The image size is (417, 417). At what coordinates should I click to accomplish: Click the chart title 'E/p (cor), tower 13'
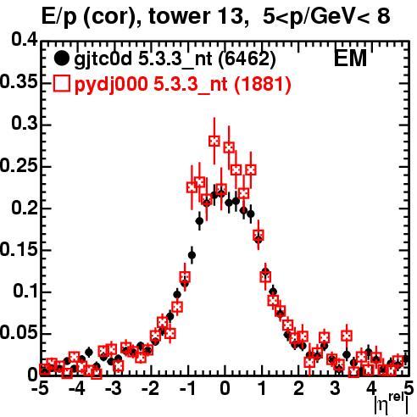coord(142,16)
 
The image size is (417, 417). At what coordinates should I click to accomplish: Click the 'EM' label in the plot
coord(350,58)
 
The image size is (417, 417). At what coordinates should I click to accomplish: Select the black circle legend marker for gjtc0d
coord(61,58)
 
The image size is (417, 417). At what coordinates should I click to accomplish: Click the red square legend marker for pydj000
coord(61,83)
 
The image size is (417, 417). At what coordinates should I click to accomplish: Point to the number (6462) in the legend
coord(247,59)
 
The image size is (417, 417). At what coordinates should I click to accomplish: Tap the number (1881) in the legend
coord(262,84)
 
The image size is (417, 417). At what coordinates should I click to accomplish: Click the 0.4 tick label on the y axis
coord(25,40)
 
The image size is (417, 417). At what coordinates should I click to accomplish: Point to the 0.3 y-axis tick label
coord(25,124)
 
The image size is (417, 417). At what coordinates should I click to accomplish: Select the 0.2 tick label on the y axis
coord(25,208)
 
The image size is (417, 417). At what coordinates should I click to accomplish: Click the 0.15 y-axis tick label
coord(19,249)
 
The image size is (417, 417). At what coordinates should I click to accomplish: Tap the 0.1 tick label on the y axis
coord(25,292)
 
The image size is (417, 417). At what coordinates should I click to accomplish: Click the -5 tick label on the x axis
coord(41,388)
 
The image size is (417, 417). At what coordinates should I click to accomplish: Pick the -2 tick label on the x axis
coord(151,388)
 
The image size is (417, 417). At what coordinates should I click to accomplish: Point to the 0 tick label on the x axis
coord(225,388)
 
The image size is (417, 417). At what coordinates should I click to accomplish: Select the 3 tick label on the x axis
coord(335,388)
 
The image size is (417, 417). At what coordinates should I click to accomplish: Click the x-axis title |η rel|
coord(392,404)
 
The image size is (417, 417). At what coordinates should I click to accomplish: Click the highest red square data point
coord(214,141)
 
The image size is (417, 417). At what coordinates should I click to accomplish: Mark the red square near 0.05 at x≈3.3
coord(347,336)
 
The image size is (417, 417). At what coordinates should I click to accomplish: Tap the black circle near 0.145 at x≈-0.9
coord(192,255)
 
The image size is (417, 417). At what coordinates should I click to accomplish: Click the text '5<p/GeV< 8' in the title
coord(326,16)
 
